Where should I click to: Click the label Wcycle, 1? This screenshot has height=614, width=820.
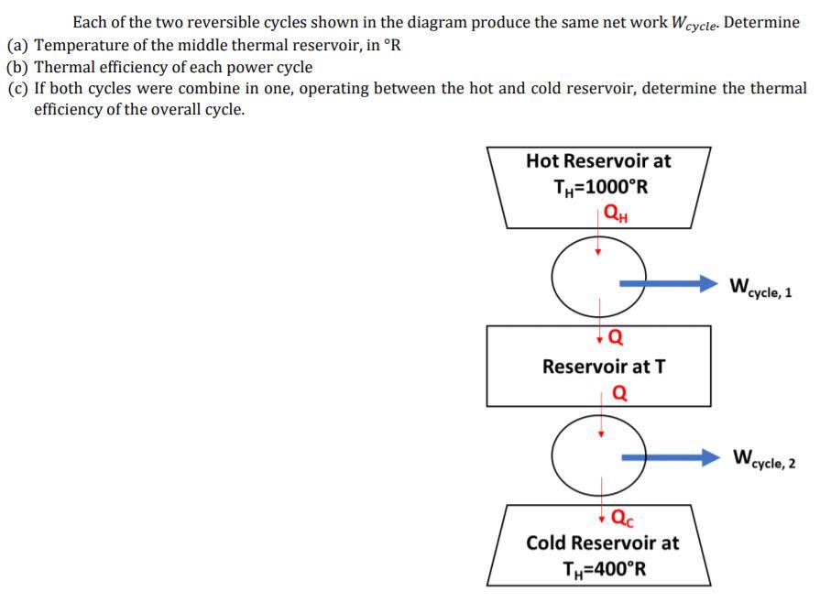pyautogui.click(x=760, y=287)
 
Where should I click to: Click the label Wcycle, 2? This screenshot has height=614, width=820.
pyautogui.click(x=763, y=458)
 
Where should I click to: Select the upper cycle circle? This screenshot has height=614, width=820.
pyautogui.click(x=598, y=275)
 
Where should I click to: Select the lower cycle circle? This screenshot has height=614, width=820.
pyautogui.click(x=598, y=452)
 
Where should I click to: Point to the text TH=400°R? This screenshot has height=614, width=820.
pyautogui.click(x=602, y=568)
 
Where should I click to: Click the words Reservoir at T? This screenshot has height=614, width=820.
pyautogui.click(x=604, y=367)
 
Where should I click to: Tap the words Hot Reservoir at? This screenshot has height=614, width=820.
pyautogui.click(x=598, y=161)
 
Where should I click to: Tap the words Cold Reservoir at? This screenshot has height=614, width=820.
pyautogui.click(x=603, y=543)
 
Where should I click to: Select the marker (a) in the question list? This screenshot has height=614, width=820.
pyautogui.click(x=16, y=45)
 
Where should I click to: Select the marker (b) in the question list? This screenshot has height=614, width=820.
pyautogui.click(x=16, y=67)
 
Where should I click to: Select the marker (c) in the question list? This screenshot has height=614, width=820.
pyautogui.click(x=16, y=89)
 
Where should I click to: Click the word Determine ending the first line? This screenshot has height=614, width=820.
pyautogui.click(x=761, y=22)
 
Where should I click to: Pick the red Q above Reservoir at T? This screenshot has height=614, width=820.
pyautogui.click(x=616, y=335)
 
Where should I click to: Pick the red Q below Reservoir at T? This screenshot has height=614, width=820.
pyautogui.click(x=619, y=393)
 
